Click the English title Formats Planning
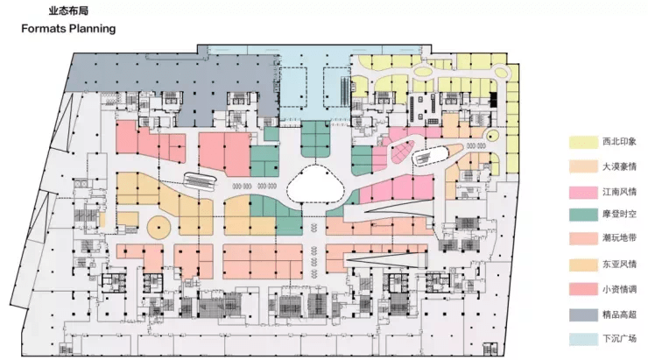(68, 29)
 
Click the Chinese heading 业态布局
(68, 11)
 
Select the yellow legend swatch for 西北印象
(583, 142)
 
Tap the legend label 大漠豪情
(619, 166)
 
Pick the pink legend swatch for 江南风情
(583, 192)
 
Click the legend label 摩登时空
(619, 214)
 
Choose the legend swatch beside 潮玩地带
(583, 239)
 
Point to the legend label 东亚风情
(619, 265)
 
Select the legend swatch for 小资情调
(583, 289)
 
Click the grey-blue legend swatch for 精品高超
(583, 314)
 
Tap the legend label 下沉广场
(619, 339)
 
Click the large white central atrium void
(315, 184)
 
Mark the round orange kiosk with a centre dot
(159, 227)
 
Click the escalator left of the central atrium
(200, 180)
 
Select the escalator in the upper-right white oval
(430, 155)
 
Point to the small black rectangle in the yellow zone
(493, 100)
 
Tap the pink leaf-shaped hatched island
(402, 152)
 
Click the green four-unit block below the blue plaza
(315, 139)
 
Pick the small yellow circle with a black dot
(491, 135)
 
